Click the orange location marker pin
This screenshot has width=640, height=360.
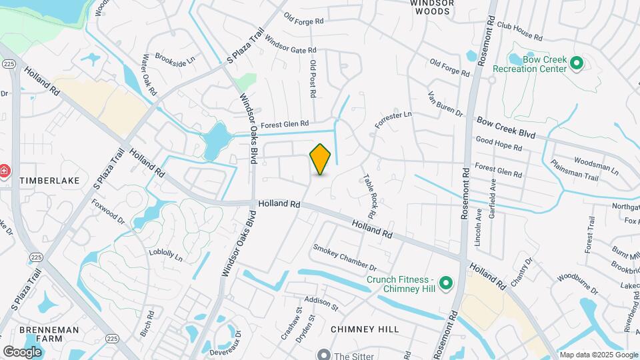click(x=320, y=159)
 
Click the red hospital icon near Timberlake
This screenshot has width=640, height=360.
click(x=5, y=171)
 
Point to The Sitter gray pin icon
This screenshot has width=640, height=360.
click(x=324, y=355)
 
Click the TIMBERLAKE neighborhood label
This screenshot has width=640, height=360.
click(x=49, y=181)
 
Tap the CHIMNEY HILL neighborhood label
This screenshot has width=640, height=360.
click(x=365, y=329)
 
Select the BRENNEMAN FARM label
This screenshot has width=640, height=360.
click(x=49, y=335)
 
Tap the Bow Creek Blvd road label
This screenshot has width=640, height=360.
click(x=506, y=127)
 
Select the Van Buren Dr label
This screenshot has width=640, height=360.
click(x=445, y=104)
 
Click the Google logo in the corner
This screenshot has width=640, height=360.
click(x=22, y=351)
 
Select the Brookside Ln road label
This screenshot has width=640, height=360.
click(x=175, y=59)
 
